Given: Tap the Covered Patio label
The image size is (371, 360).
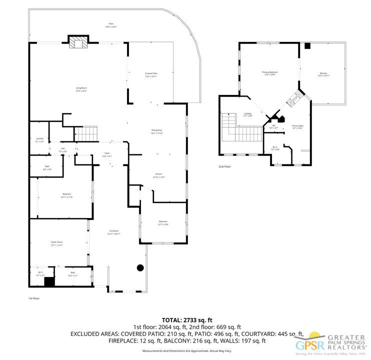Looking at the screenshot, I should pyautogui.click(x=151, y=75).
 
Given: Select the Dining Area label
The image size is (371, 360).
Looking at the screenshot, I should pyautogui.click(x=157, y=131).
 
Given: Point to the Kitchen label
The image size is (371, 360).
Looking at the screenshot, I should pyautogui.click(x=159, y=175).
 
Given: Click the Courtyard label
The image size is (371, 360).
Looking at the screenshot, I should pyautogui.click(x=114, y=232).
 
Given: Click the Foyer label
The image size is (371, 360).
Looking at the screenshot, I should pyautogui.click(x=107, y=154).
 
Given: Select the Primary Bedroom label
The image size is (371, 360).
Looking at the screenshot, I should pyautogui.click(x=269, y=73).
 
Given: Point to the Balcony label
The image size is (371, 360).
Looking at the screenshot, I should pyautogui.click(x=323, y=74).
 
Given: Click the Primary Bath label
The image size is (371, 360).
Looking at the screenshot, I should pyautogui.click(x=297, y=127).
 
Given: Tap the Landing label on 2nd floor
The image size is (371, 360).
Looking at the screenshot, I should pyautogui.click(x=248, y=114).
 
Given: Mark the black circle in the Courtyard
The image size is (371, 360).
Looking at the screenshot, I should pyautogui.click(x=141, y=268).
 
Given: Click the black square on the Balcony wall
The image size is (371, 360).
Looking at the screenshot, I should pyautogui.click(x=307, y=46).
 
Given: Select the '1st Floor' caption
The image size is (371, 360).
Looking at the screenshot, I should pyautogui.click(x=34, y=298).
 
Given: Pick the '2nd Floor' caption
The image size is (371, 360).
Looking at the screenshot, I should pyautogui.click(x=224, y=166).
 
